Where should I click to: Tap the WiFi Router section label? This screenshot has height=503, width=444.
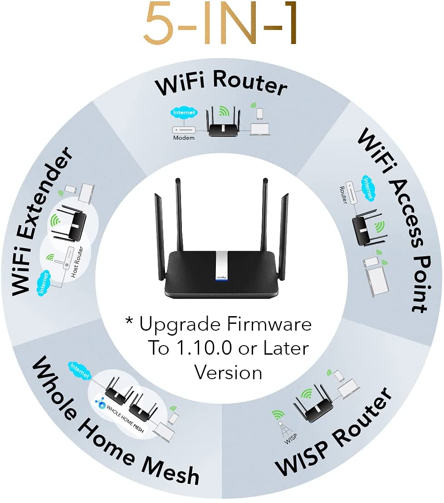(221, 83)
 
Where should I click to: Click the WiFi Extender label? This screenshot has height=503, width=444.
(41, 221)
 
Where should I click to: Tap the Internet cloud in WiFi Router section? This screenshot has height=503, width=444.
(184, 112)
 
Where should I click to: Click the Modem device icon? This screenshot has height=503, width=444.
(184, 130)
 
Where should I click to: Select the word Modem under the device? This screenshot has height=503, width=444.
(184, 137)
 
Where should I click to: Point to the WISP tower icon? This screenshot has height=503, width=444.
(284, 430)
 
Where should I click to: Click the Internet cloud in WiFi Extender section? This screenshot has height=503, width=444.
(44, 283)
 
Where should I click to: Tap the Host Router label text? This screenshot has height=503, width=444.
(77, 262)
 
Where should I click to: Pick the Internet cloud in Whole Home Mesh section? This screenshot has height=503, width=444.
(79, 371)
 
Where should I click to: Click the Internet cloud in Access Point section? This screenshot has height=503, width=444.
(368, 189)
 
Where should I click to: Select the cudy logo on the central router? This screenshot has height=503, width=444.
(221, 277)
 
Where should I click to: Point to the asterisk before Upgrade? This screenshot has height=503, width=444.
(129, 321)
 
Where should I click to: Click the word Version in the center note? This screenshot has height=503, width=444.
(229, 373)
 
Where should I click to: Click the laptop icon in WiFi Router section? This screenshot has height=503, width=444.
(260, 129)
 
